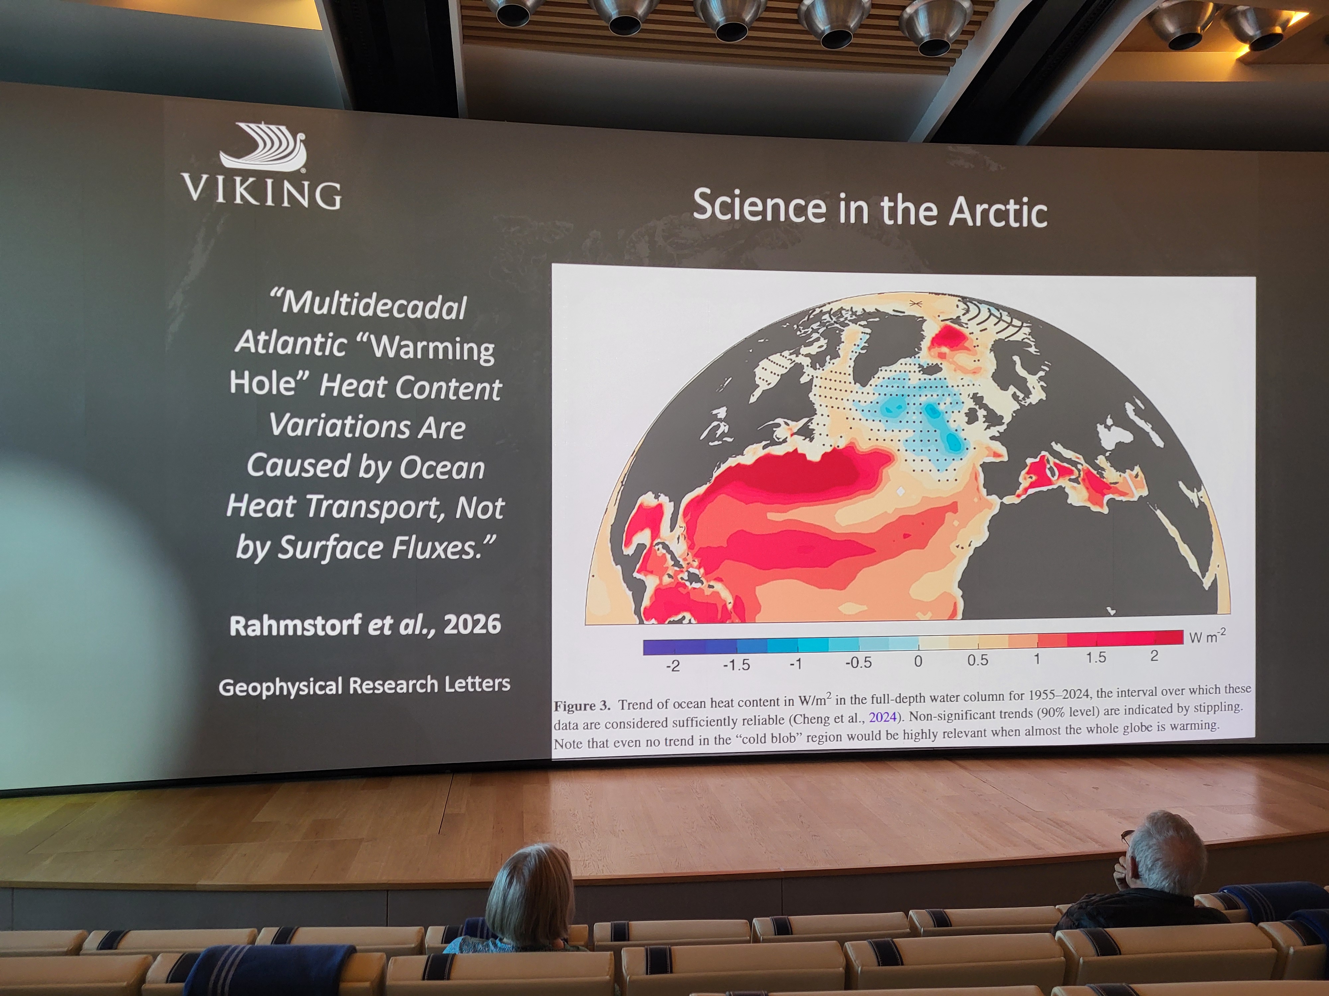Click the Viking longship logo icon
tap(264, 146)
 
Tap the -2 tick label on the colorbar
tap(672, 665)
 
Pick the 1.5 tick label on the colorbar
tap(1095, 657)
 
